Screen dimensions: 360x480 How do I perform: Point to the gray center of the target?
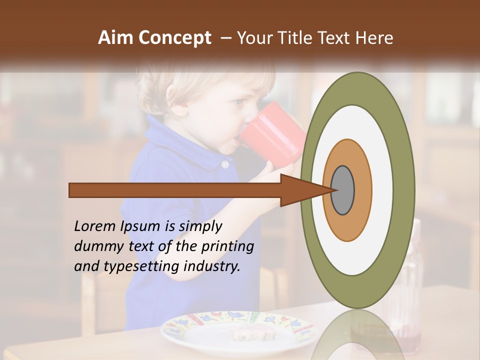[343, 190]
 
